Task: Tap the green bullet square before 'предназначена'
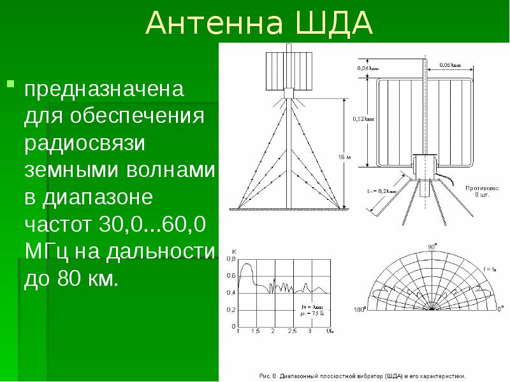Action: coord(10,83)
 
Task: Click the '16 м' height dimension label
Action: coord(345,156)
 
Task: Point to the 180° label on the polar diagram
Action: coord(360,310)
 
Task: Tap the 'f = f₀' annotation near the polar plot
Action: coord(489,270)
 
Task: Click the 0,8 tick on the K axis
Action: coord(231,260)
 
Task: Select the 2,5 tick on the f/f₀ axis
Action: coord(292,332)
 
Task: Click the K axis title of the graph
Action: coord(234,250)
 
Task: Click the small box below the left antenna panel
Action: coord(288,94)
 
